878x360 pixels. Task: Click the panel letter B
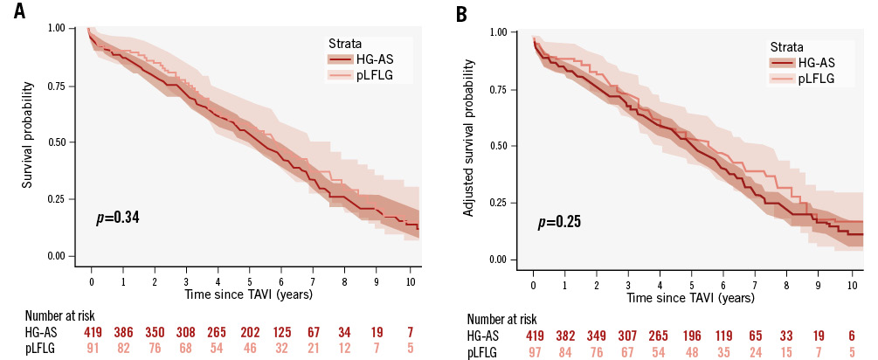458,15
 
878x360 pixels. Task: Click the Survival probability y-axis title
29,136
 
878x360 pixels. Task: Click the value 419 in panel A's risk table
92,332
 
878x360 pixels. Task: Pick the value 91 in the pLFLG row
92,349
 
